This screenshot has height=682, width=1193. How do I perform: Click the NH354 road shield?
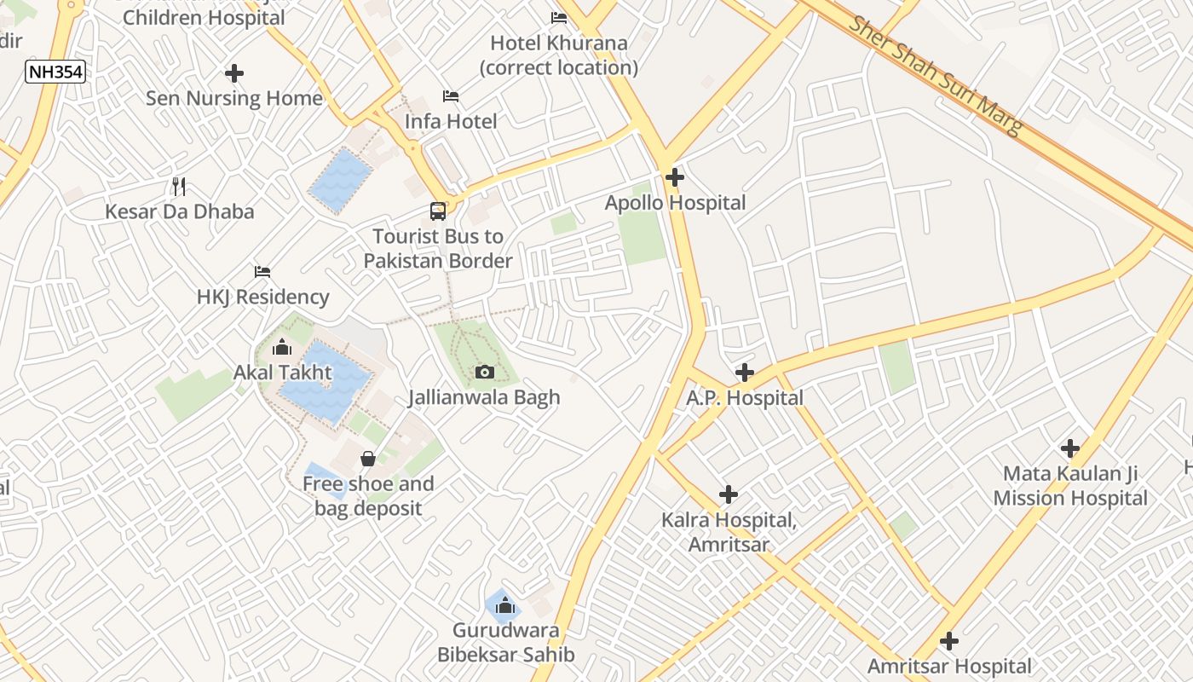point(55,72)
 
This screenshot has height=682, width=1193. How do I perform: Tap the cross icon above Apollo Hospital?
point(675,177)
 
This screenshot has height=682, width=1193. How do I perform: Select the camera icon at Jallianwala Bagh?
point(484,372)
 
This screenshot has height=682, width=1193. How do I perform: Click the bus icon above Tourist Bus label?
point(437,211)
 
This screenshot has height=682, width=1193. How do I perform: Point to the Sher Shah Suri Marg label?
point(936,75)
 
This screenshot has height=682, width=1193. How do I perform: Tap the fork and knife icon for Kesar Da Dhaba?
point(179,186)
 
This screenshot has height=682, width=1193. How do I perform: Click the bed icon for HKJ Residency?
point(262,272)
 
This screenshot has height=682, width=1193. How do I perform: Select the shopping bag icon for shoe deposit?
point(368,459)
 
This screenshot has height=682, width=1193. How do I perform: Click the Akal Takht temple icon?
point(282,347)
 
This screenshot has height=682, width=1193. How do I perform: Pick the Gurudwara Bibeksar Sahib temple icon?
point(505,605)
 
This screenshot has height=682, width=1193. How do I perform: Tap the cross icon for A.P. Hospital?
point(745,373)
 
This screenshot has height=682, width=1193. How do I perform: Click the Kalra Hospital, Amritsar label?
point(729,532)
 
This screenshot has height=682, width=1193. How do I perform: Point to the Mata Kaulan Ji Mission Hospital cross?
point(1070,448)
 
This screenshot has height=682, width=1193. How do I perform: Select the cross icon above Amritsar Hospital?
point(948,641)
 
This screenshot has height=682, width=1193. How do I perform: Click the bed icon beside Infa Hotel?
point(451,96)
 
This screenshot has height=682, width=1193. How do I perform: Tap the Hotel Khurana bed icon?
point(559,17)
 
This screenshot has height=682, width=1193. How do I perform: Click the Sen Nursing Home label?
point(234,98)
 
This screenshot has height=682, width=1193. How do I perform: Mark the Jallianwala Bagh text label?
point(484,397)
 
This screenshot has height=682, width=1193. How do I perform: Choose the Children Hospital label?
point(192,17)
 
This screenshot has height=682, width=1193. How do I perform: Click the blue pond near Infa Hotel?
point(340,180)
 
